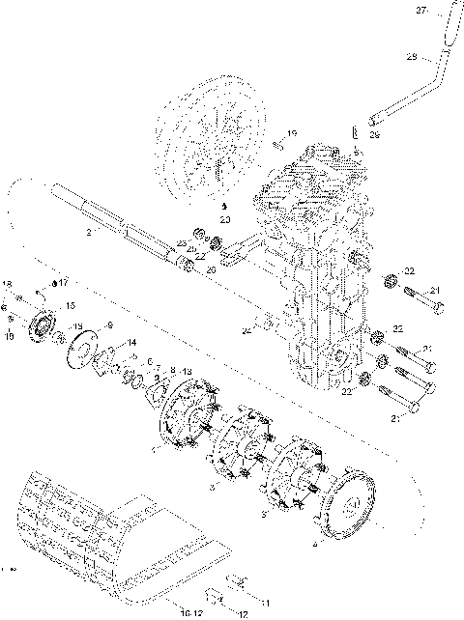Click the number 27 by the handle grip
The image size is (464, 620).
click(x=421, y=11)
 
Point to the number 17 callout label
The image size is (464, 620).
click(x=64, y=283)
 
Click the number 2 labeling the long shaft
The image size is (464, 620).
click(x=88, y=233)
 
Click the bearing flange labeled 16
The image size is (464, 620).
click(x=44, y=325)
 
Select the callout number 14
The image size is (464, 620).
click(x=131, y=343)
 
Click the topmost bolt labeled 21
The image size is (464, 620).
click(x=425, y=305)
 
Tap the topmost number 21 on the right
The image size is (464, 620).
click(x=435, y=290)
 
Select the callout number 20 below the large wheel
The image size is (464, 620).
click(x=224, y=220)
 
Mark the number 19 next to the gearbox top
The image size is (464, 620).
click(x=293, y=133)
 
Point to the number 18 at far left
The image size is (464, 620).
click(x=7, y=285)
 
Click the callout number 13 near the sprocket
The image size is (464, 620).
click(x=187, y=372)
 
